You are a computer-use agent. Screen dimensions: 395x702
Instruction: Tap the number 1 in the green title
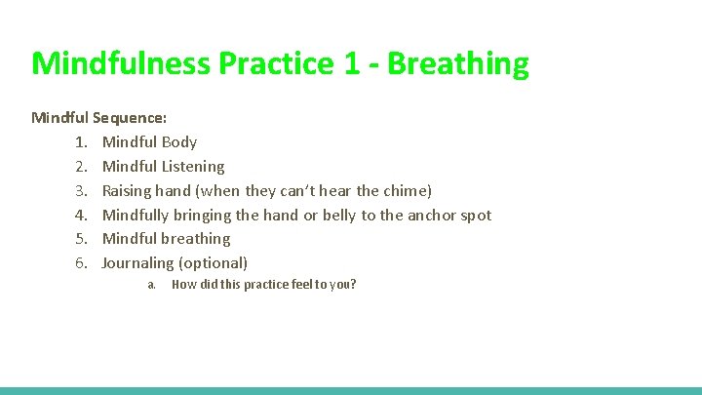tap(353, 64)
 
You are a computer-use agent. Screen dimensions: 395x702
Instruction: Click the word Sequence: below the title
tap(131, 118)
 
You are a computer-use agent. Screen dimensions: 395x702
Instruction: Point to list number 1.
tap(81, 142)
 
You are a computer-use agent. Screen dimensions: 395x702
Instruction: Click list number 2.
tap(81, 167)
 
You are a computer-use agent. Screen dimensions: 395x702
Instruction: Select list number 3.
tap(81, 190)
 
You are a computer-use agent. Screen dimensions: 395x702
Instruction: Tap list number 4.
tap(81, 215)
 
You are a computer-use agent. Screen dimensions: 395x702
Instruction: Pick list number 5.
tap(81, 239)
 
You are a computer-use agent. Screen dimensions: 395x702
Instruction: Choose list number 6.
tap(81, 263)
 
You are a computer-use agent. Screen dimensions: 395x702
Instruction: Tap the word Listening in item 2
tap(193, 167)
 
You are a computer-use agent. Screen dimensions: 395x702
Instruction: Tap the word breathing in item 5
tap(198, 239)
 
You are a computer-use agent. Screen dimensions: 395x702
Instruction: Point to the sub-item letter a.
tap(151, 286)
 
